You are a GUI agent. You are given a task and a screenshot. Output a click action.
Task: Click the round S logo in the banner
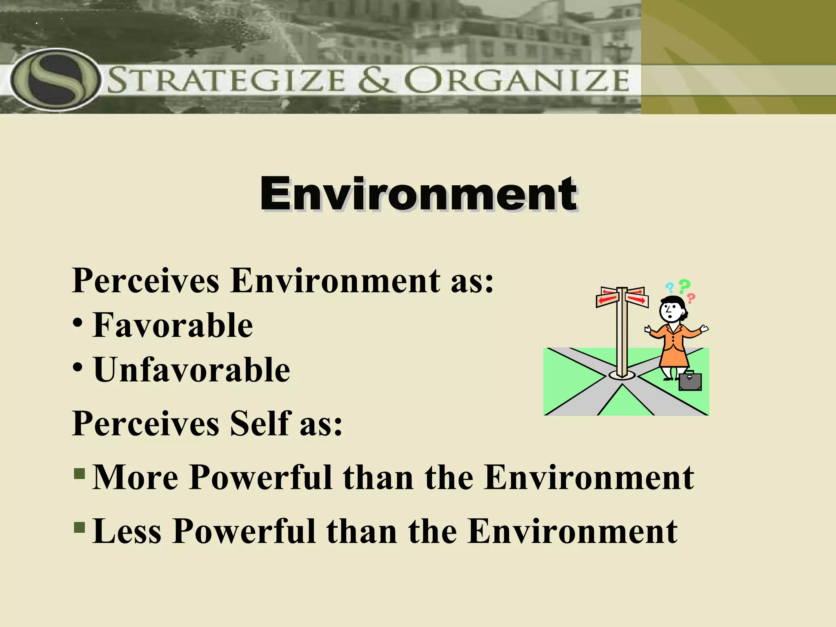click(55, 80)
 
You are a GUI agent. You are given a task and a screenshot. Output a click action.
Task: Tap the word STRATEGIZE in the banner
click(227, 80)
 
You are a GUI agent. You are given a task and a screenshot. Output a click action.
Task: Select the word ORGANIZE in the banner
click(517, 80)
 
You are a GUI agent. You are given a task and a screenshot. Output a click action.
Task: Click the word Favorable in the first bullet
click(173, 325)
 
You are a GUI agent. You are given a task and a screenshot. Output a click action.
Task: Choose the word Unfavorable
click(192, 370)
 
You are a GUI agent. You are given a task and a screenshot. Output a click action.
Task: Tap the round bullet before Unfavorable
click(78, 367)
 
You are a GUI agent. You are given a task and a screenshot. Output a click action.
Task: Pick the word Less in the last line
click(127, 531)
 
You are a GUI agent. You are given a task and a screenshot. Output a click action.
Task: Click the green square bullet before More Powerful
click(80, 474)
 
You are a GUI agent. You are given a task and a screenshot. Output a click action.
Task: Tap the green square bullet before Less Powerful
click(80, 527)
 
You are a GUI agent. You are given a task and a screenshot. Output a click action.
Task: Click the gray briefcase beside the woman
click(690, 382)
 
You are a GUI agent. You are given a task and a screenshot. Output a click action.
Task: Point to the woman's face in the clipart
click(670, 312)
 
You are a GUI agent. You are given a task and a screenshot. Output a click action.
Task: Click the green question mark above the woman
click(685, 286)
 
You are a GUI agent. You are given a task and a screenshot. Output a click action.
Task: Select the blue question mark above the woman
click(669, 287)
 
